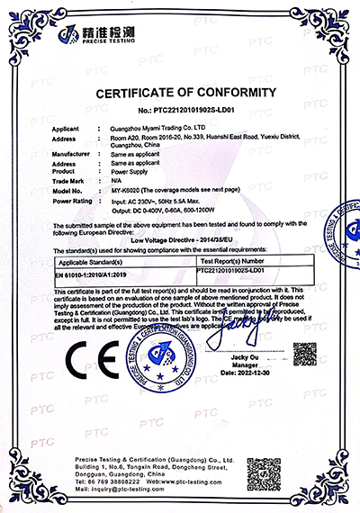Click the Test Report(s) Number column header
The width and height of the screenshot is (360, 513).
237,260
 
